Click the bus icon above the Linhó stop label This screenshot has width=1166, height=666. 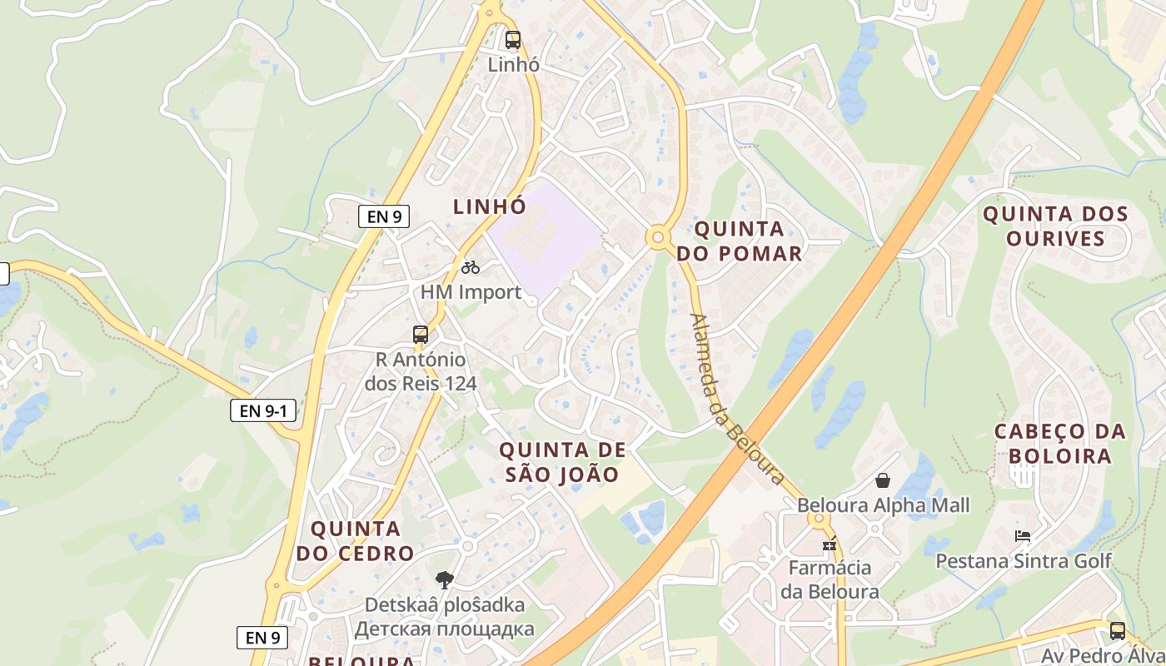tap(512, 39)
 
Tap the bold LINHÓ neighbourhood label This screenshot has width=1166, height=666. tap(490, 206)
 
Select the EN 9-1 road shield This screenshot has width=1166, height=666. tap(263, 410)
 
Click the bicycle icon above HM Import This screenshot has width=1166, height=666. tap(471, 267)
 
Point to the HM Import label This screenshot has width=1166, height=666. tap(471, 292)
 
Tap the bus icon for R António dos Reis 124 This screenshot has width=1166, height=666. tap(421, 335)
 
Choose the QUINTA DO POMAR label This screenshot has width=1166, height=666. tap(739, 241)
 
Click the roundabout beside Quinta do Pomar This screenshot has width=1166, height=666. tap(659, 238)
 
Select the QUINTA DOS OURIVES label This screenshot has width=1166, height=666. tap(1055, 226)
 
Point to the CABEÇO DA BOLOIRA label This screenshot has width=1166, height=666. tap(1059, 444)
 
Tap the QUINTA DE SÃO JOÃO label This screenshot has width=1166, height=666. tap(562, 462)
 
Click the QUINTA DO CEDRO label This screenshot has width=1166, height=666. tap(356, 541)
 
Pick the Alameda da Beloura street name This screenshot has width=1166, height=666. tap(738, 399)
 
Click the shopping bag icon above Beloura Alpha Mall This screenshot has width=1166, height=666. tap(883, 480)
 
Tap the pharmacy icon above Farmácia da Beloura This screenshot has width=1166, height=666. tap(829, 544)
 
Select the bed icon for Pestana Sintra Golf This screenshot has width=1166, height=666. tap(1023, 535)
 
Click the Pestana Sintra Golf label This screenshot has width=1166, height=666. tap(1024, 560)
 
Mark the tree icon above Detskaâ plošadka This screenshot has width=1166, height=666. tap(444, 579)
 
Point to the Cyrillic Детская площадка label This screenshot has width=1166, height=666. tap(444, 629)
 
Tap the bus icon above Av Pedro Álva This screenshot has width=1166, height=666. tap(1117, 631)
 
